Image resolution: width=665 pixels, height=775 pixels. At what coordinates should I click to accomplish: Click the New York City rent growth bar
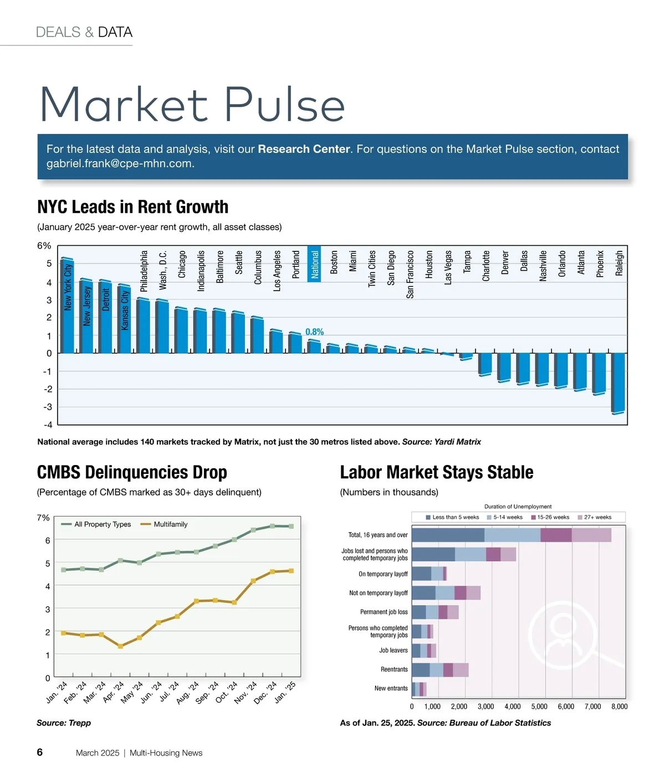point(67,306)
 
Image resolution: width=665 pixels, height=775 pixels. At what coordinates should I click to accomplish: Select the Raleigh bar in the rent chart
point(618,383)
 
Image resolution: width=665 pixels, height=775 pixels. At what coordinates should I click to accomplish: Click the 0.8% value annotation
point(314,332)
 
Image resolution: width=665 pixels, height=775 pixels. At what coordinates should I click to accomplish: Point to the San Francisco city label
point(410,275)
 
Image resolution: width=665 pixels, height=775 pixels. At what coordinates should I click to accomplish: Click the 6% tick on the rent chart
point(44,246)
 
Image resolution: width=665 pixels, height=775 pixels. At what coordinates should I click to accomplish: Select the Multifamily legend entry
point(165,524)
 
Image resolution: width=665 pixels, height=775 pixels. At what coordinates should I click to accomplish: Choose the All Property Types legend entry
point(96,524)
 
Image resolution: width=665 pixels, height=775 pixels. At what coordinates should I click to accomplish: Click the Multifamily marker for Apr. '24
point(120,646)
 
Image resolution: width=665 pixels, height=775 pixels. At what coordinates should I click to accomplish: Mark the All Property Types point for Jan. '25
point(291,526)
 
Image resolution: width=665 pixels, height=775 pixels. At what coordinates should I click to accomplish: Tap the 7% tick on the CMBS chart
point(43,518)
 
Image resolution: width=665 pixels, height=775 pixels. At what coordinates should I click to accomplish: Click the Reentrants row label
point(394,670)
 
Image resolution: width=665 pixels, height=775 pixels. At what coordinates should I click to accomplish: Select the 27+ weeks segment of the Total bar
point(591,535)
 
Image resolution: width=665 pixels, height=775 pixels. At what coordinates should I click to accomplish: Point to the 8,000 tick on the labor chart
point(619,707)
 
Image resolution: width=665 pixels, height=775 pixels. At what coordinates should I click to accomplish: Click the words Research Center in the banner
point(304,149)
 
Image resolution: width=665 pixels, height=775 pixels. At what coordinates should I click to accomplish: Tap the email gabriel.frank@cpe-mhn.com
point(119,164)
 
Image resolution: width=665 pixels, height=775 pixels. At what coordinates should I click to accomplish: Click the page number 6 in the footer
point(40,752)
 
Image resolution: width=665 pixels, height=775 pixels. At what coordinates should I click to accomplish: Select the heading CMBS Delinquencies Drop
point(132,472)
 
